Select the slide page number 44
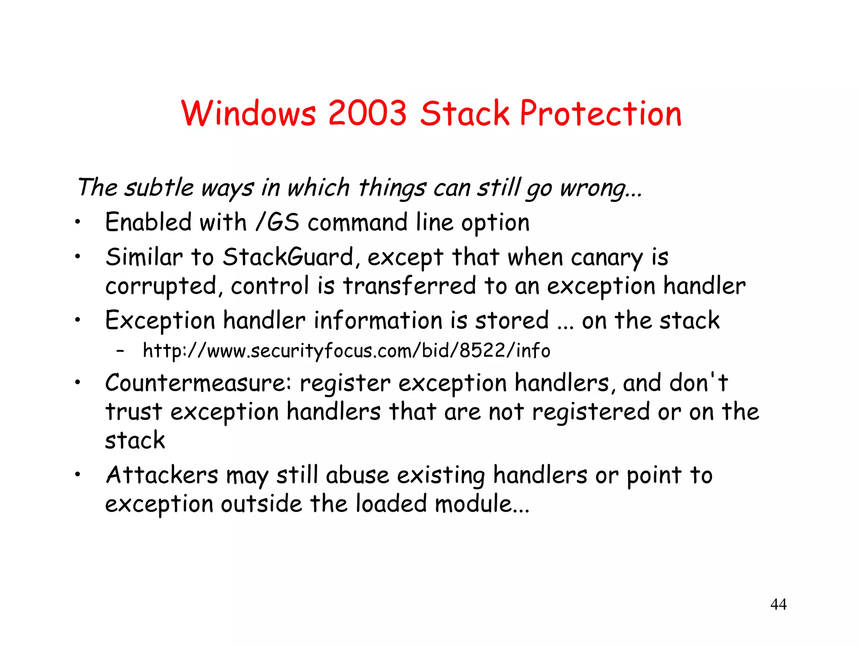click(x=778, y=604)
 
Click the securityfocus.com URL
click(x=346, y=351)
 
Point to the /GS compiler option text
click(x=277, y=222)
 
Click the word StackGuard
click(x=288, y=257)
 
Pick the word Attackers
click(x=162, y=475)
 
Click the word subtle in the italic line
click(x=159, y=187)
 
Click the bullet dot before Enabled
click(x=77, y=223)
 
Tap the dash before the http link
click(x=121, y=351)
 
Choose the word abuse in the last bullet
click(x=357, y=475)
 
